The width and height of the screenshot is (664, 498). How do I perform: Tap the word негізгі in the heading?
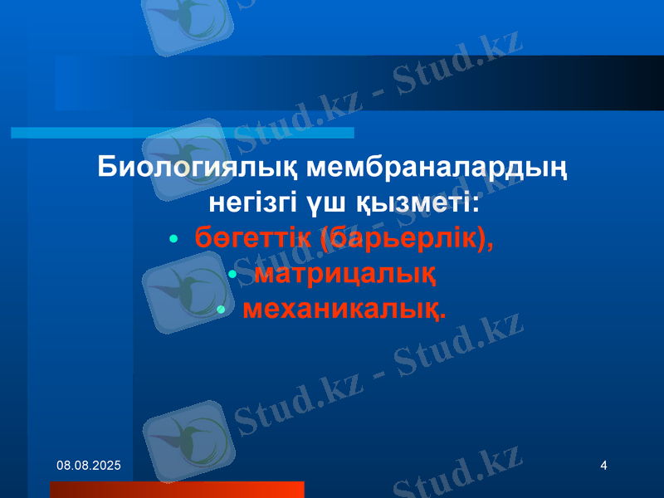[x=251, y=203]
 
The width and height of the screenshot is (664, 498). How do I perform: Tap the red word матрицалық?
[x=345, y=273]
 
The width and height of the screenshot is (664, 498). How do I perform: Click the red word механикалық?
[x=344, y=309]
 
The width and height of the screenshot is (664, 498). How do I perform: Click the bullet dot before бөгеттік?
[x=173, y=239]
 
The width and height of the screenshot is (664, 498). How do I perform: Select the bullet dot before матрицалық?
[x=232, y=274]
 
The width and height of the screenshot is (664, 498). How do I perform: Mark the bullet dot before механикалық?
[x=221, y=310]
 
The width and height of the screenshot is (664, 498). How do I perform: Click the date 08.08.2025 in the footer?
[x=88, y=468]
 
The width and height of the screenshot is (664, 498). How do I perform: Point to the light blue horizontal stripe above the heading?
[x=183, y=133]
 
